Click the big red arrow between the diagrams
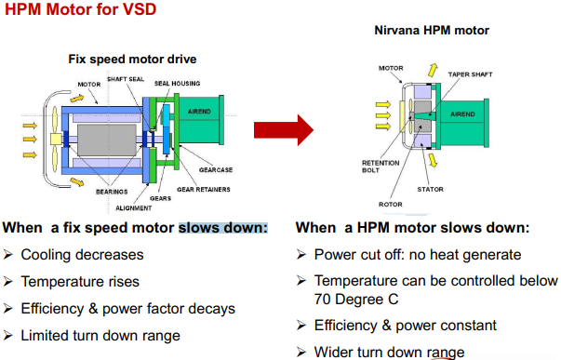(x=284, y=130)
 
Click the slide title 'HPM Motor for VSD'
(x=81, y=9)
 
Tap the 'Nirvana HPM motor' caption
(x=432, y=31)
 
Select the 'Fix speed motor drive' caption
(x=132, y=59)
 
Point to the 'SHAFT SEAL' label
(x=126, y=79)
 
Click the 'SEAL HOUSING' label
(x=177, y=84)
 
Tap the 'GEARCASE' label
(x=216, y=169)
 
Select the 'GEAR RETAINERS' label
(x=204, y=190)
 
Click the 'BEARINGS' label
(x=112, y=192)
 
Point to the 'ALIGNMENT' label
(x=133, y=208)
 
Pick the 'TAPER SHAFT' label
(x=470, y=74)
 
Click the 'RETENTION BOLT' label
(x=381, y=167)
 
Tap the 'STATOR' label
(x=430, y=190)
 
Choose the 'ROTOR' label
(x=391, y=205)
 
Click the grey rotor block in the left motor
(x=107, y=140)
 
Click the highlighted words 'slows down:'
(x=223, y=228)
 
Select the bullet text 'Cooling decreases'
(x=82, y=255)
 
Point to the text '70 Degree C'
(x=356, y=300)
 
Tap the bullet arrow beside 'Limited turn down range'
(x=7, y=336)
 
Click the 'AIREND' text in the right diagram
(x=462, y=114)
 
